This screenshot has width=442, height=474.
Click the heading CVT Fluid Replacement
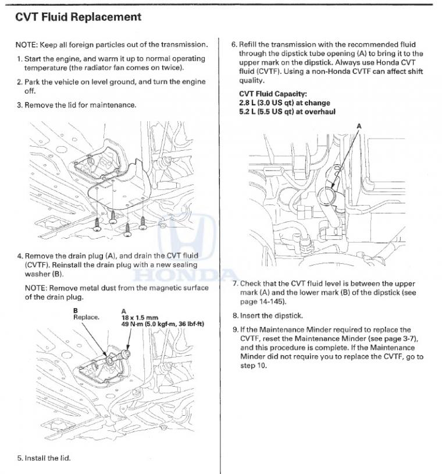(78, 17)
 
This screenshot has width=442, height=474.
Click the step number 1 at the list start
(19, 59)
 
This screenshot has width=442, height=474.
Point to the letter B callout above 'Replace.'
(76, 311)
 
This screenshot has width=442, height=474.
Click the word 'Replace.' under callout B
(86, 317)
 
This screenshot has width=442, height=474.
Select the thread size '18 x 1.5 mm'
(140, 317)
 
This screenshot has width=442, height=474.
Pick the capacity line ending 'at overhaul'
(287, 111)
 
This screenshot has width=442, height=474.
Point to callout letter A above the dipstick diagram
(358, 126)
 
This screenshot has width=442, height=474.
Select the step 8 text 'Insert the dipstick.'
(271, 316)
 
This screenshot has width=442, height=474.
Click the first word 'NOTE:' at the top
(26, 45)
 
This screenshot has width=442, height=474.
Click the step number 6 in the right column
(234, 45)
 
